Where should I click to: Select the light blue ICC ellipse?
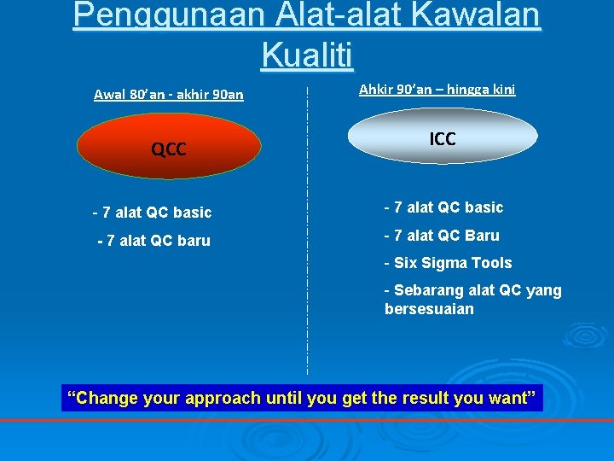(443, 137)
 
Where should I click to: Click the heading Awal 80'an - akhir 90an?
(169, 95)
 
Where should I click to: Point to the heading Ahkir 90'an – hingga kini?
(437, 89)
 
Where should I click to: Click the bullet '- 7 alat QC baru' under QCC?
(153, 241)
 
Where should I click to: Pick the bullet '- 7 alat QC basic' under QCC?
(152, 213)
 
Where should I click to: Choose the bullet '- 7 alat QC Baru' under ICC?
(442, 236)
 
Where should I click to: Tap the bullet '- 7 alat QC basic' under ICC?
(443, 207)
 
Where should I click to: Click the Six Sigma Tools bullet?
(448, 263)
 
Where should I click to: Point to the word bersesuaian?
(429, 309)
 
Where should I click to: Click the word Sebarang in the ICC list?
(426, 290)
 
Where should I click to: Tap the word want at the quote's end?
(510, 398)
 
